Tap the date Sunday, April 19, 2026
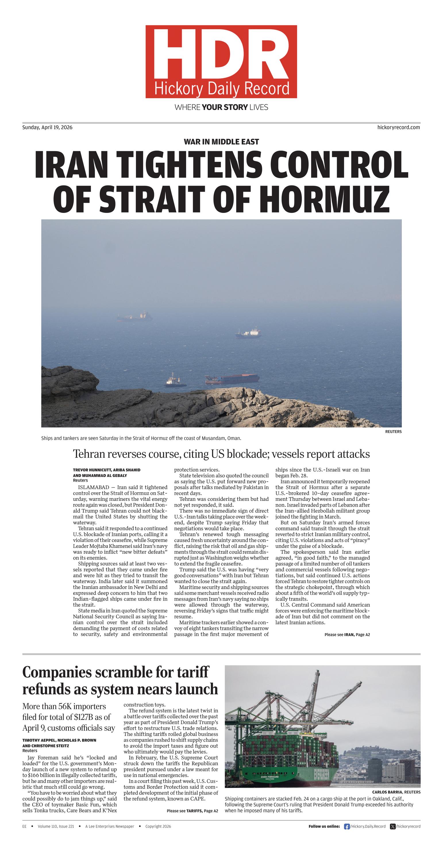click(47, 127)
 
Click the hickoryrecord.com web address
click(398, 127)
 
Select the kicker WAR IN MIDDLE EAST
click(221, 142)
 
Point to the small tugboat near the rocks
click(174, 381)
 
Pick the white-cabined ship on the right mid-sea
click(249, 333)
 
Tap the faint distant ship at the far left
click(135, 317)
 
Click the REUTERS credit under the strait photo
click(393, 432)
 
